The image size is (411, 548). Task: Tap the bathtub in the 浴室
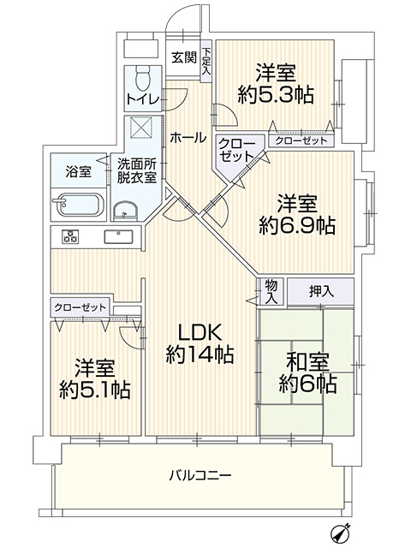pos(79,205)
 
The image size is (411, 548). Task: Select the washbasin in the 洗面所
pos(125,211)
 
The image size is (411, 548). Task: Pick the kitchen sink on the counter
pos(118,236)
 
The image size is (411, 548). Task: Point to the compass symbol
pos(340,533)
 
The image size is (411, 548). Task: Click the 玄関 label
pos(184,57)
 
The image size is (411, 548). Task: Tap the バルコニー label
pos(200,475)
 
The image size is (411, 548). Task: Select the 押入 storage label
pos(321,291)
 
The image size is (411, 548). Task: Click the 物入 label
pos(271,291)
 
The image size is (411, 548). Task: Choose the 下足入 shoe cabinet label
pos(206,61)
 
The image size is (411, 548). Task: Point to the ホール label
pos(188,138)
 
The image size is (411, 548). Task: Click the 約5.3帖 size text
pos(276,94)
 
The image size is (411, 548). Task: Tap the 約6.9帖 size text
pos(297,226)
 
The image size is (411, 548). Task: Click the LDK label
pos(200,333)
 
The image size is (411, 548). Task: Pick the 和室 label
pos(307,363)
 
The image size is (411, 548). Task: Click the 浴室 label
pos(78,172)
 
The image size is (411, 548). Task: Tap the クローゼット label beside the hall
pos(236,151)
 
